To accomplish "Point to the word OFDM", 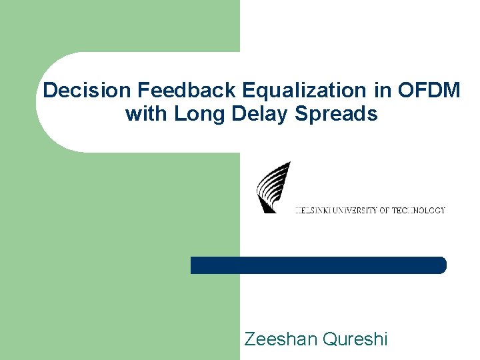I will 431,90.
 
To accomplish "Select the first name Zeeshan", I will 280,339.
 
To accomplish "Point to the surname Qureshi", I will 353,339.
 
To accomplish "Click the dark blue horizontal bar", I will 318,265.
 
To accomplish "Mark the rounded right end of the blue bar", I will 441,265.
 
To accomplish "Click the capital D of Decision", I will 49,90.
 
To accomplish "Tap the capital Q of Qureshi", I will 329,339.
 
